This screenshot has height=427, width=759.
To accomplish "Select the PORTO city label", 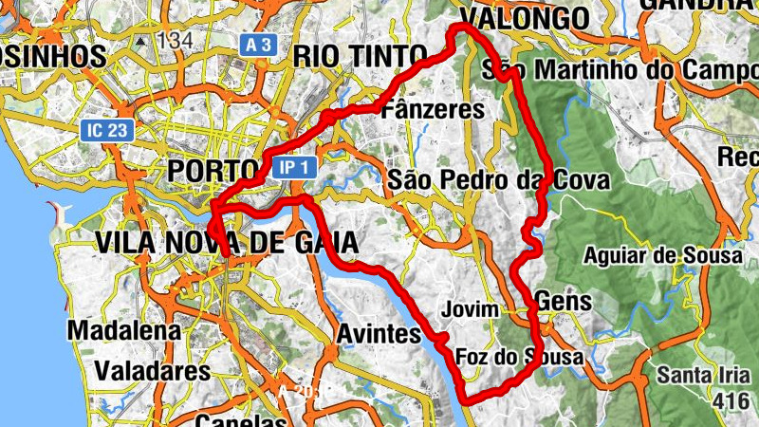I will [x=213, y=171].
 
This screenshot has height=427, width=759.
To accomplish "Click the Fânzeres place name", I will [x=432, y=110].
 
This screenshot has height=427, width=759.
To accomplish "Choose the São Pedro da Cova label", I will [x=498, y=179].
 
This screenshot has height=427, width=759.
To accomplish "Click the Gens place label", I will [x=564, y=302].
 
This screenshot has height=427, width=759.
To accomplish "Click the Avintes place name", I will [x=379, y=334].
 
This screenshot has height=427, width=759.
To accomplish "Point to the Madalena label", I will [x=124, y=331].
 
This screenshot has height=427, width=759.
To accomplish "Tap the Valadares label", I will [x=152, y=369].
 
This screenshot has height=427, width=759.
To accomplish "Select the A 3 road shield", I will [x=258, y=44].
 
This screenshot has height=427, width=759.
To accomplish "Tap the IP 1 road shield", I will [x=292, y=168].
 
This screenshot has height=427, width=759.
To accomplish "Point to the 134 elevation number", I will [x=176, y=41].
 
